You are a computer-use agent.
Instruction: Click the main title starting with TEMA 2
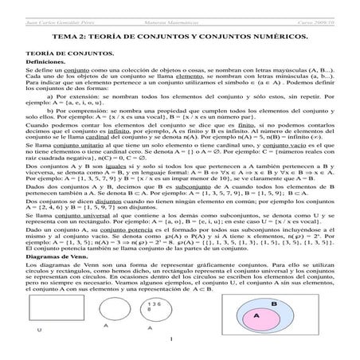tap(179, 37)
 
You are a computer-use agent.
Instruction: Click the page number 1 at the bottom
tap(180, 344)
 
